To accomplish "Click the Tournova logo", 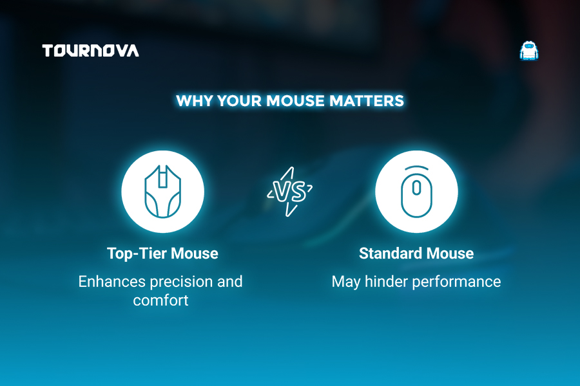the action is tap(91, 51).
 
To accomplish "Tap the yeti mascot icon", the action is tap(529, 51).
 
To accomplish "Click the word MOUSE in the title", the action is tap(295, 101).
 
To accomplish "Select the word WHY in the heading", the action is tap(194, 101).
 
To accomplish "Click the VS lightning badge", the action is tap(289, 191).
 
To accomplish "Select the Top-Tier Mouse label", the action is tap(163, 253).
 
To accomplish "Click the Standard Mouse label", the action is tap(416, 253).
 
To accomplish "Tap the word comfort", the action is tap(160, 300).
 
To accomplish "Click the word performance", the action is tap(456, 282).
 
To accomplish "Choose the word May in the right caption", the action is tap(346, 282).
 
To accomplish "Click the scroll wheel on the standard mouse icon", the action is tap(416, 188).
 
